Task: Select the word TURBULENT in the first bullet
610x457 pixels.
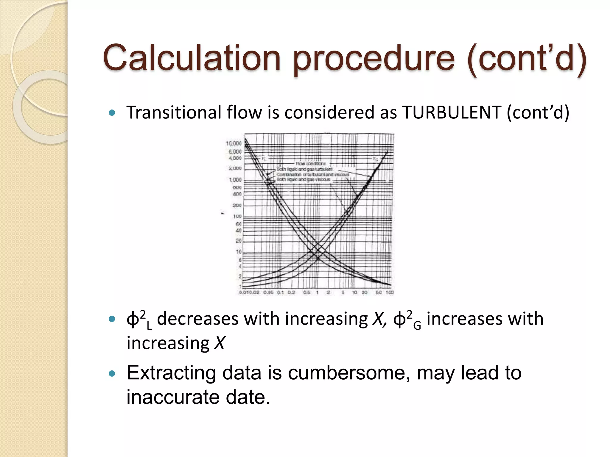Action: point(451,113)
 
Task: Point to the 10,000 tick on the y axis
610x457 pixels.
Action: point(234,143)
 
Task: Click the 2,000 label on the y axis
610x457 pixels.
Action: point(235,168)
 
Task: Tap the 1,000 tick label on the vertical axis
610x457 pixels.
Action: point(235,180)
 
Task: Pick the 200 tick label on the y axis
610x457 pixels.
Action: point(237,205)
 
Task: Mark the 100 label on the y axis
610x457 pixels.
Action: point(237,216)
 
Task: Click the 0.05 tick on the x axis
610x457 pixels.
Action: point(268,292)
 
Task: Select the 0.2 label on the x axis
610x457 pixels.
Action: point(291,292)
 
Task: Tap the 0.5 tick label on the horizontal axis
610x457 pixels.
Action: point(306,292)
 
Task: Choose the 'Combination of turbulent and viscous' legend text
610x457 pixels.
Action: point(313,174)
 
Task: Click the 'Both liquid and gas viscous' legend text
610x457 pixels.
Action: point(304,180)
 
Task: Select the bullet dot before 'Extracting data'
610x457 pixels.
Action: point(112,374)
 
